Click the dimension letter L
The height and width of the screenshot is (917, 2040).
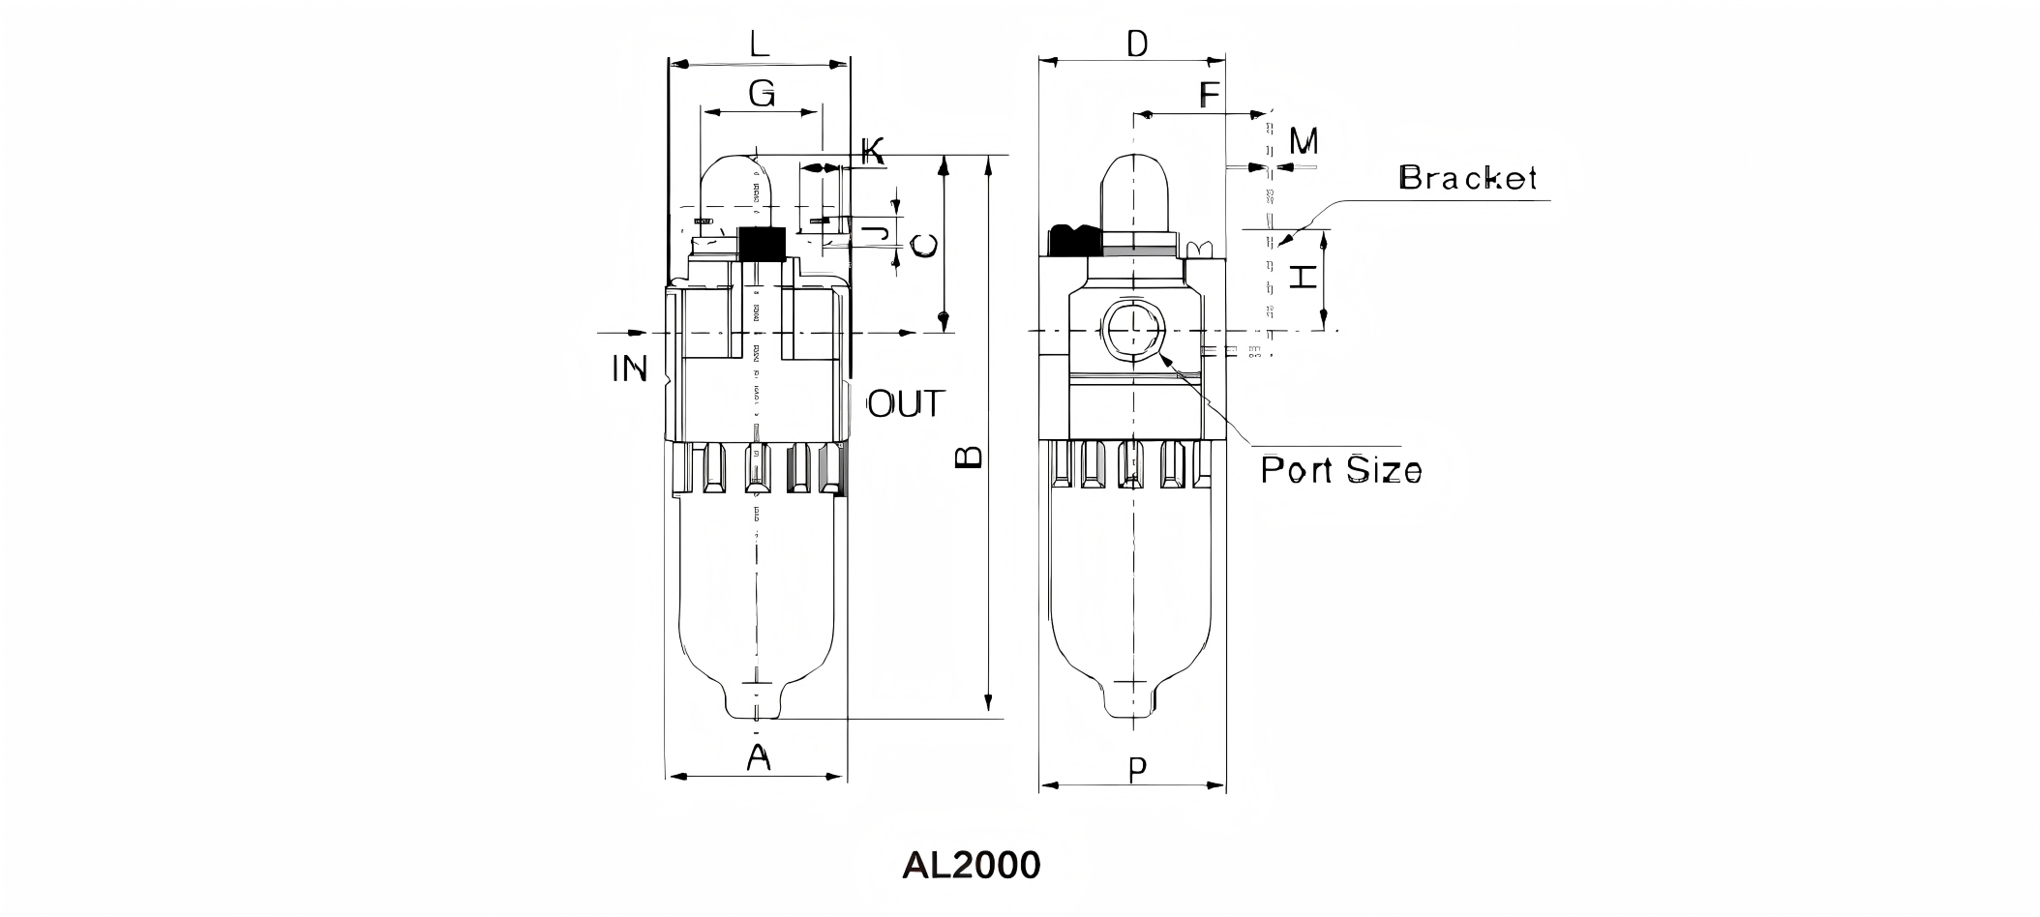point(760,44)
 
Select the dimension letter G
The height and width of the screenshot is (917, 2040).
point(762,94)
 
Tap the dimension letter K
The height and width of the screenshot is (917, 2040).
point(872,151)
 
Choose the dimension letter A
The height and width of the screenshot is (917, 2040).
point(759,757)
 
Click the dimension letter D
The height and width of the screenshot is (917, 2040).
point(1137,44)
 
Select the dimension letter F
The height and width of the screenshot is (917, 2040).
point(1209,95)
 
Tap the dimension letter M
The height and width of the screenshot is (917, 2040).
point(1304,142)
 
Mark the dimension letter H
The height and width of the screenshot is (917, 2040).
point(1304,278)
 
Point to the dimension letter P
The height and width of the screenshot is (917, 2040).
point(1138,770)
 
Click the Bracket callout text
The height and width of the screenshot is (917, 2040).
point(1467,178)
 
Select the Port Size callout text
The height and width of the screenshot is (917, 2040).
point(1340,470)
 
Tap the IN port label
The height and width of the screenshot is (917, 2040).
point(629,369)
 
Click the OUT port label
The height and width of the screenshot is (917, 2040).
point(904,404)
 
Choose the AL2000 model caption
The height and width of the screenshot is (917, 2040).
point(971,865)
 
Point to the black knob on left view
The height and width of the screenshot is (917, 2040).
point(761,244)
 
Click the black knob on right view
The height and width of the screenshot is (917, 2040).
point(1070,240)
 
